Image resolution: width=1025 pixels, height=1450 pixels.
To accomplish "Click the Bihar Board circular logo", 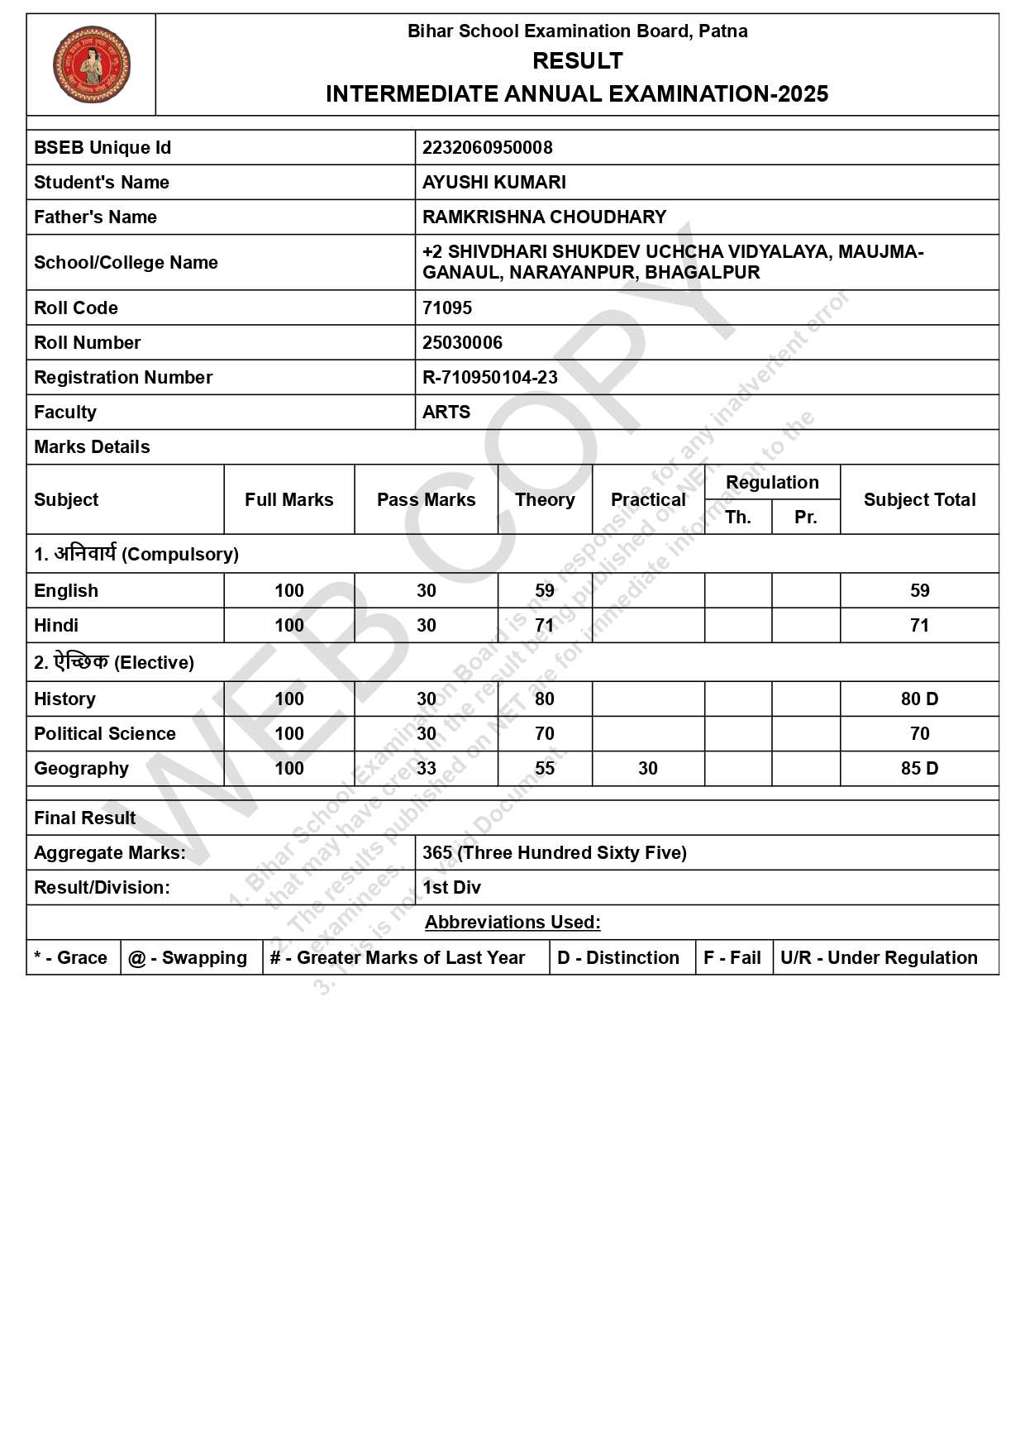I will pos(92,64).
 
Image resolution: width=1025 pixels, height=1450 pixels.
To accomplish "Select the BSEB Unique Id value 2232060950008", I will pos(487,148).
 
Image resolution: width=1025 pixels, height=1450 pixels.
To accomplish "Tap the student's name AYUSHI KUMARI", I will pos(493,183).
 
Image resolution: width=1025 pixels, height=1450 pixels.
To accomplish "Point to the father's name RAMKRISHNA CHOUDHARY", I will pos(544,217).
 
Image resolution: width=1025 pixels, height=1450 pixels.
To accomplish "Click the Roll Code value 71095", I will pos(447,308).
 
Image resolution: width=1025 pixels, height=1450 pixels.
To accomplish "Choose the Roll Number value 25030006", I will pos(462,343).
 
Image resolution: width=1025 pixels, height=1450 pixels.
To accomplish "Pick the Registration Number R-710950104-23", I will pos(489,378).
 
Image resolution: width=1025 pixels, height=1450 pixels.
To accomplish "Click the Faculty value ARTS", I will pos(446,413).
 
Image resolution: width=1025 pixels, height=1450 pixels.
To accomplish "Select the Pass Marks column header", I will pos(426,500).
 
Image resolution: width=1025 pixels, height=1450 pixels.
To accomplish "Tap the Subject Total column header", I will pos(919,500).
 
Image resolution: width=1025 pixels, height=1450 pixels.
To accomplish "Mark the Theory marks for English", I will pos(544,591).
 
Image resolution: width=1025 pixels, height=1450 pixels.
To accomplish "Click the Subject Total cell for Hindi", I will pos(919,626).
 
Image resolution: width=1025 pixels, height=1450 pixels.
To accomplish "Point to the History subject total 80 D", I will pos(919,699).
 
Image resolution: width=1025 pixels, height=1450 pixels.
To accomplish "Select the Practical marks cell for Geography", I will pos(648,769).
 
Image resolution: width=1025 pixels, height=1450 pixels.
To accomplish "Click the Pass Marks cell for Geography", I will pos(426,769).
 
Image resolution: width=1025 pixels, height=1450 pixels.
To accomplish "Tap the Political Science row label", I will pos(105,734).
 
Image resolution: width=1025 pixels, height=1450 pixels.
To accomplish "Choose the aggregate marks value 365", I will pos(437,853).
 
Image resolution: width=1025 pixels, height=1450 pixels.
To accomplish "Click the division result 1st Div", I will pos(451,888).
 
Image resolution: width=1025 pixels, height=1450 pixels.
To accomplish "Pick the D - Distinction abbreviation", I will pos(618,958).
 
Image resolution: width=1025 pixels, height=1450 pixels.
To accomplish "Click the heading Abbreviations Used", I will pos(512,923).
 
